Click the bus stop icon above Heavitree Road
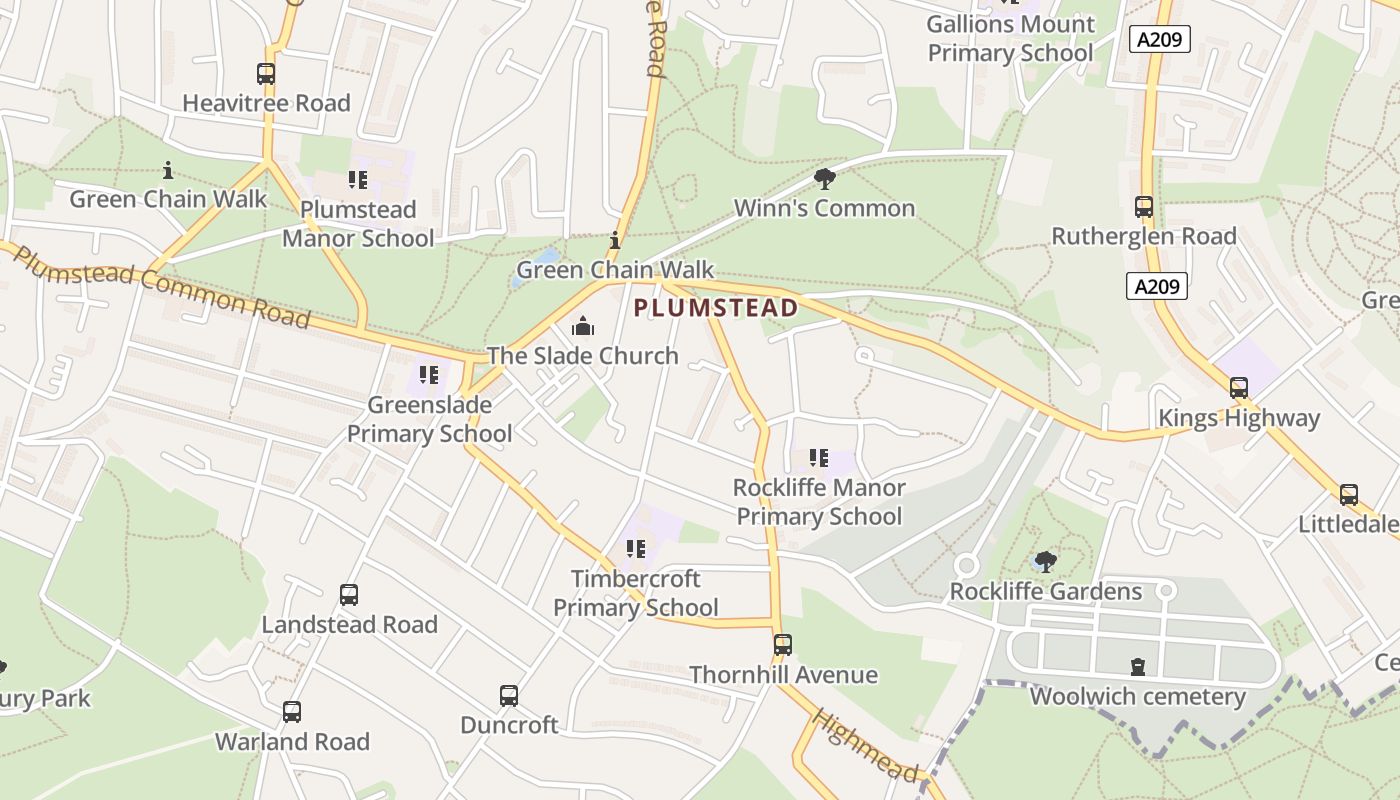[266, 74]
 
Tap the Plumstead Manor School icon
[358, 180]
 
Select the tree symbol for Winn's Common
[825, 179]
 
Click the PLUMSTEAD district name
[716, 307]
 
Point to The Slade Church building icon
[582, 326]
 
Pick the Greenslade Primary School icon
[429, 375]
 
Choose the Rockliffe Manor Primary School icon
[819, 458]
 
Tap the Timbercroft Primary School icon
[635, 548]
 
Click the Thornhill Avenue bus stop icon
[783, 645]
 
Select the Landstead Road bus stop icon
[349, 595]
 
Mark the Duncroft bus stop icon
[509, 695]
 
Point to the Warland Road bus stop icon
[292, 712]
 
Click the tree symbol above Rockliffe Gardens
[1045, 561]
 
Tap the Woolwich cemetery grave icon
[1137, 666]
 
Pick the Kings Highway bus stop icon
[1239, 388]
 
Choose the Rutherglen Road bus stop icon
[1144, 207]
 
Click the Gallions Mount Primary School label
[1010, 38]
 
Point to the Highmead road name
[866, 746]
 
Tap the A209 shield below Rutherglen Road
[1157, 286]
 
